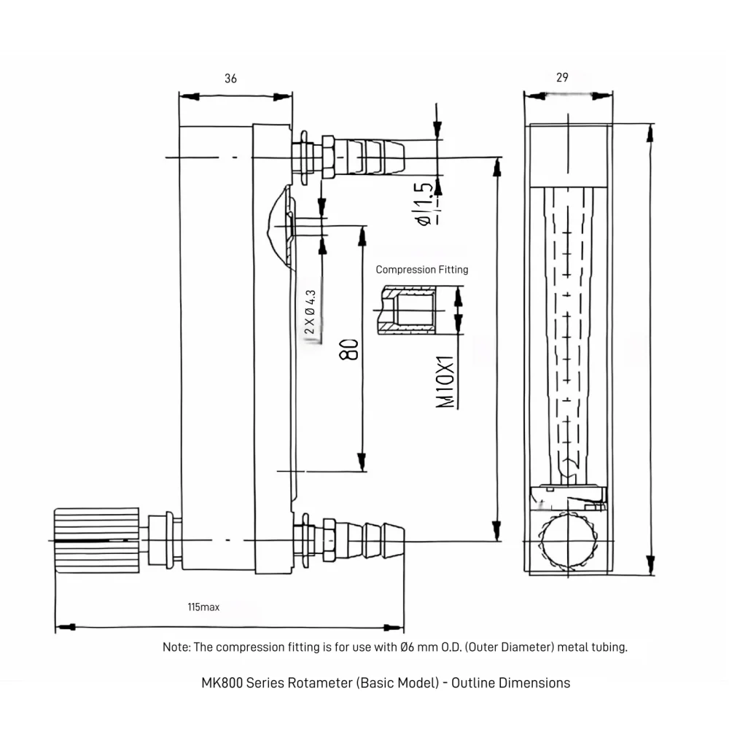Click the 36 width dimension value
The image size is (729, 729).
click(230, 79)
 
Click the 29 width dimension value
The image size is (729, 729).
click(561, 77)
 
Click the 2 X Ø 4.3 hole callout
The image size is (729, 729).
click(311, 312)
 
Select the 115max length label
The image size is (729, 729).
click(203, 607)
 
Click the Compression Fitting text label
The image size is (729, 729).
click(422, 269)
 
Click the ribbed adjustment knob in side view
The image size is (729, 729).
click(96, 539)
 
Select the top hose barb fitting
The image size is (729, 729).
click(375, 156)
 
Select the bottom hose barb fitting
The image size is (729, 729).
click(376, 540)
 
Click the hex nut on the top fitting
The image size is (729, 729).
click(328, 156)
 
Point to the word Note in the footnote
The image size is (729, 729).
click(175, 647)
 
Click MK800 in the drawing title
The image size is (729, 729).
click(222, 683)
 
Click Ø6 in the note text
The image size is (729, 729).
click(408, 647)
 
